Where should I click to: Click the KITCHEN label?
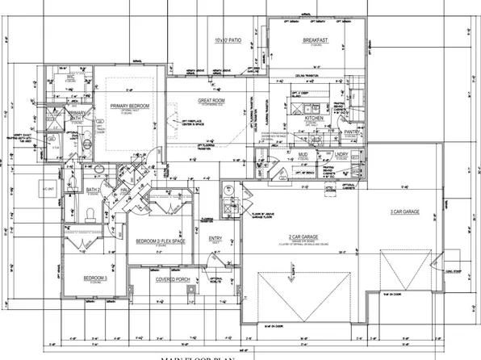point(314,118)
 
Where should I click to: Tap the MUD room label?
point(303,153)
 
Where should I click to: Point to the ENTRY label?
point(215,238)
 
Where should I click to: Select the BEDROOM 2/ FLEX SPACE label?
point(157,241)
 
